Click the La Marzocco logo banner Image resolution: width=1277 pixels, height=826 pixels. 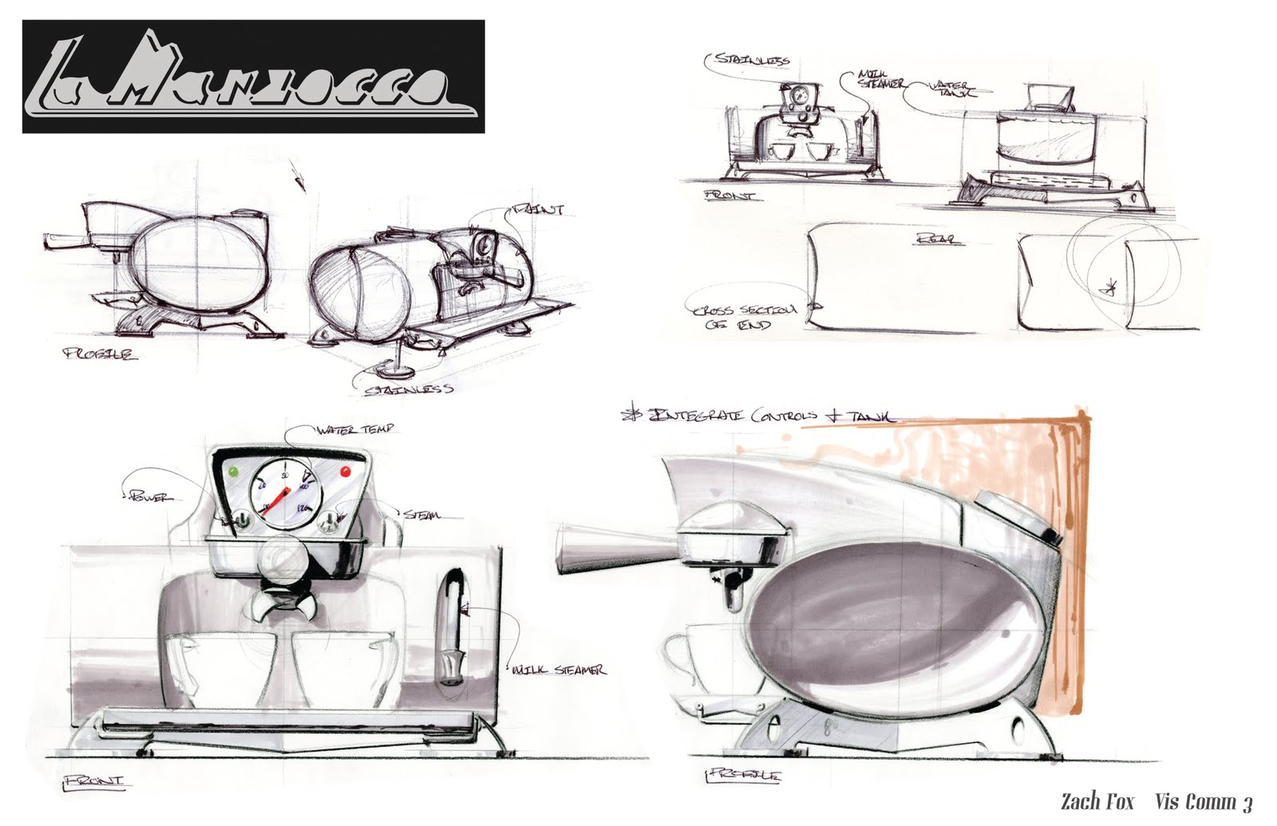tap(253, 77)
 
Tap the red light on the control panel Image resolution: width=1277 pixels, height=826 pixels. tap(346, 471)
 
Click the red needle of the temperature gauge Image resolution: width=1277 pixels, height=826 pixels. tap(275, 499)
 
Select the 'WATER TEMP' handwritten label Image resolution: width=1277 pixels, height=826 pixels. tap(355, 430)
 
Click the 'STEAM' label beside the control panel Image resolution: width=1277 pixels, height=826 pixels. tap(421, 516)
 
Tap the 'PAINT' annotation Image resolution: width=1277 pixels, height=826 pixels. tap(540, 210)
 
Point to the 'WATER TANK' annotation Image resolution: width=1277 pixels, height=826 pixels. tap(951, 89)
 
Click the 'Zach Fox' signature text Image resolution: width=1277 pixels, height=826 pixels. tap(1097, 801)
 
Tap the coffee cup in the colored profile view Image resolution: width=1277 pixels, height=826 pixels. tap(685, 659)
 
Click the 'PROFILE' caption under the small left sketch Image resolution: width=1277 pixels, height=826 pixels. tap(99, 354)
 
